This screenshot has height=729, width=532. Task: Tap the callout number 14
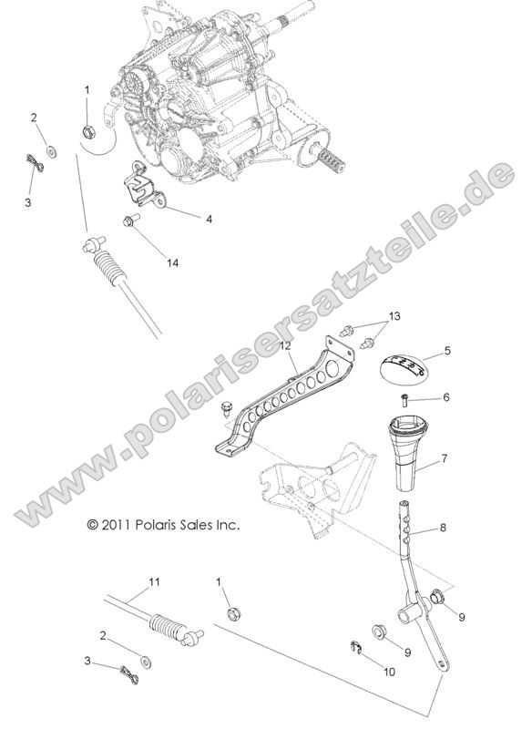pyautogui.click(x=172, y=262)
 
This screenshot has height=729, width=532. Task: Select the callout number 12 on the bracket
pyautogui.click(x=284, y=346)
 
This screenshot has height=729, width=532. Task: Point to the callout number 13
pyautogui.click(x=394, y=316)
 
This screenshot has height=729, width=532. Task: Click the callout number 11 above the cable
pyautogui.click(x=154, y=581)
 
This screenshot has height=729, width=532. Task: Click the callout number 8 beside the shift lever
pyautogui.click(x=444, y=528)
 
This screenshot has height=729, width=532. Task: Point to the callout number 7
pyautogui.click(x=444, y=459)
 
